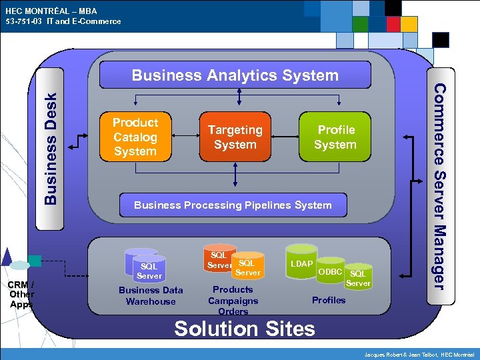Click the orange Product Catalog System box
(x=135, y=137)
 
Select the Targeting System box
(x=235, y=137)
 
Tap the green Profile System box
(x=335, y=137)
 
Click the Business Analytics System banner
(x=235, y=75)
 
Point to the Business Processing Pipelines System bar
(x=233, y=205)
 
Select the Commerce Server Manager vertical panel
(x=437, y=180)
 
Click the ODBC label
(x=330, y=271)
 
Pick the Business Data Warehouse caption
(x=151, y=295)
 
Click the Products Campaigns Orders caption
(x=233, y=300)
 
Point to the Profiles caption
(x=329, y=300)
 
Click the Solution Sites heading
(x=244, y=329)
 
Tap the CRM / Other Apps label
(x=21, y=294)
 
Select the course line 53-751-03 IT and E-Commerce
(x=63, y=21)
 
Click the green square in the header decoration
(x=361, y=24)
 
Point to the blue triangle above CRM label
(x=7, y=256)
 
